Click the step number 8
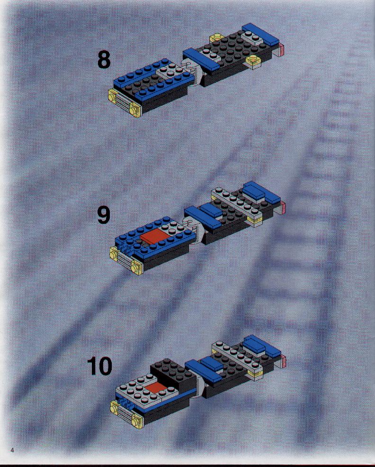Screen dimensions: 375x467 click(104, 60)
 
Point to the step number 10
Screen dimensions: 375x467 click(99, 366)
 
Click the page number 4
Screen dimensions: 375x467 click(12, 450)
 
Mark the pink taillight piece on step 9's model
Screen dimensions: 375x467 click(282, 207)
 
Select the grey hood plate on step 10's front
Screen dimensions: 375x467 click(142, 388)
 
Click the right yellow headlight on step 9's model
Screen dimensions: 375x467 click(136, 268)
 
